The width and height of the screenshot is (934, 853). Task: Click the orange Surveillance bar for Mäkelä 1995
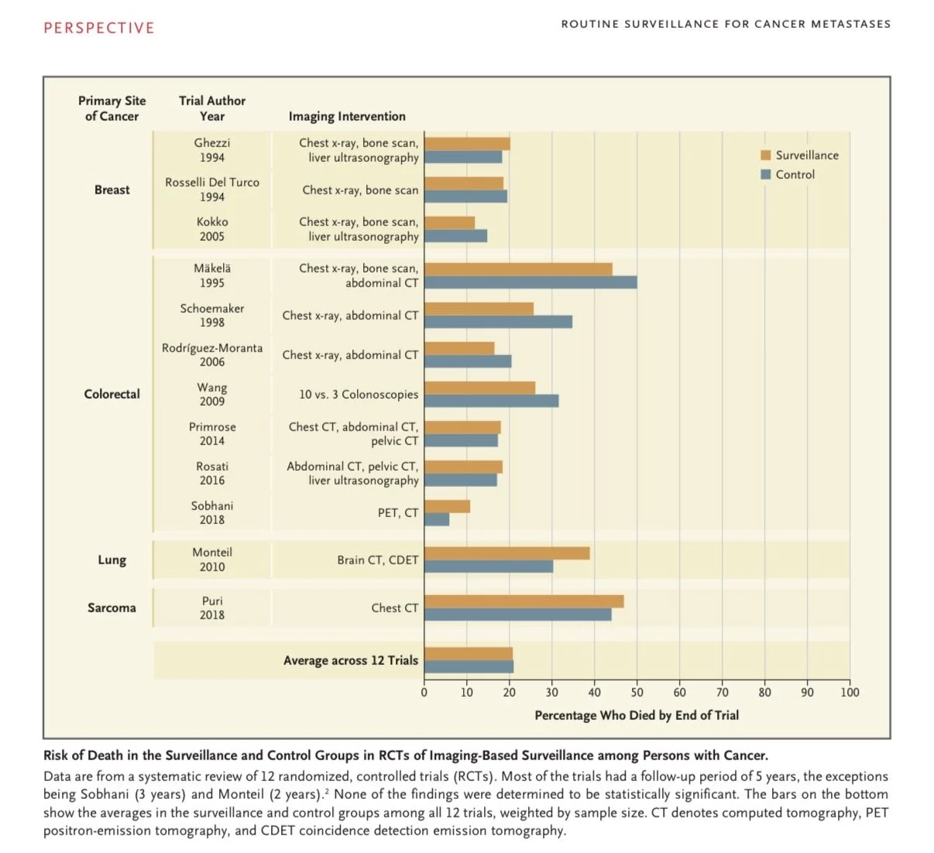click(518, 269)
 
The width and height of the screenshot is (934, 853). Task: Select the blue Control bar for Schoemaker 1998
click(498, 322)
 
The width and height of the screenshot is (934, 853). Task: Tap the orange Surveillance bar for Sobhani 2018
click(447, 506)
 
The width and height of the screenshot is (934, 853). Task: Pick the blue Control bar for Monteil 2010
click(489, 567)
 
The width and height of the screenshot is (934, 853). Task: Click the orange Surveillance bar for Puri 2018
click(524, 601)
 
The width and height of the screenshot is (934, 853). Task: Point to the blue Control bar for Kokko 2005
click(455, 236)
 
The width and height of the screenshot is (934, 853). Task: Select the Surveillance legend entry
click(800, 155)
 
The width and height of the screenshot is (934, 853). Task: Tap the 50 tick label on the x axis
click(637, 693)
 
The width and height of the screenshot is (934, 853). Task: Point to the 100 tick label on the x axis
click(850, 693)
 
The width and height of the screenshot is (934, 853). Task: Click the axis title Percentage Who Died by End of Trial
click(637, 715)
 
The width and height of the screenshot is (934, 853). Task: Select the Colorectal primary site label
click(112, 394)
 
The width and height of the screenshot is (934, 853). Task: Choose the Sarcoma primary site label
click(112, 608)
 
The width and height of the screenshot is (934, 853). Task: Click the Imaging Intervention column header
click(347, 116)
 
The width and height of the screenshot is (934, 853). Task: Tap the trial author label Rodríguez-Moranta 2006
click(212, 355)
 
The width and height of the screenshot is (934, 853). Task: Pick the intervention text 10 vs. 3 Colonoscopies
click(359, 394)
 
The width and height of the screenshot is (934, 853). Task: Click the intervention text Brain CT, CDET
click(377, 560)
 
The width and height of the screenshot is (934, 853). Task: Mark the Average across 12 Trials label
click(350, 660)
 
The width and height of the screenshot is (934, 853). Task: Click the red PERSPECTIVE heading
click(99, 28)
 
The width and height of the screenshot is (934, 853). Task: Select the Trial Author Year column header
click(212, 108)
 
